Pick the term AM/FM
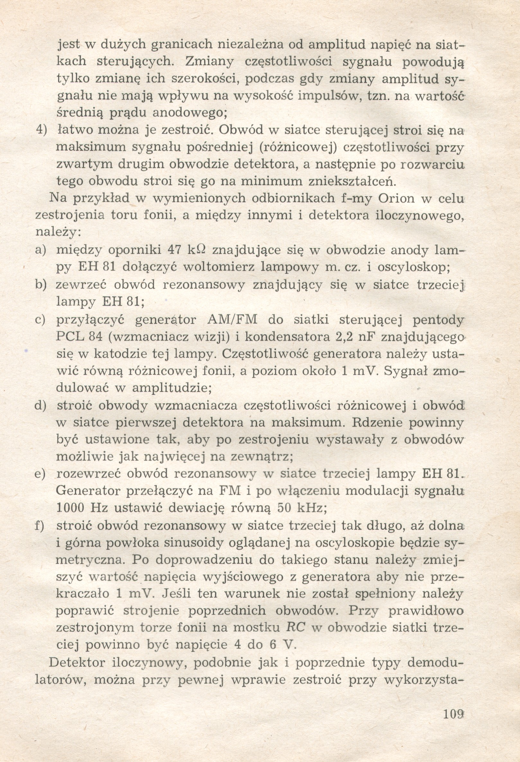[x=232, y=319]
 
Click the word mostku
[x=258, y=628]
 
